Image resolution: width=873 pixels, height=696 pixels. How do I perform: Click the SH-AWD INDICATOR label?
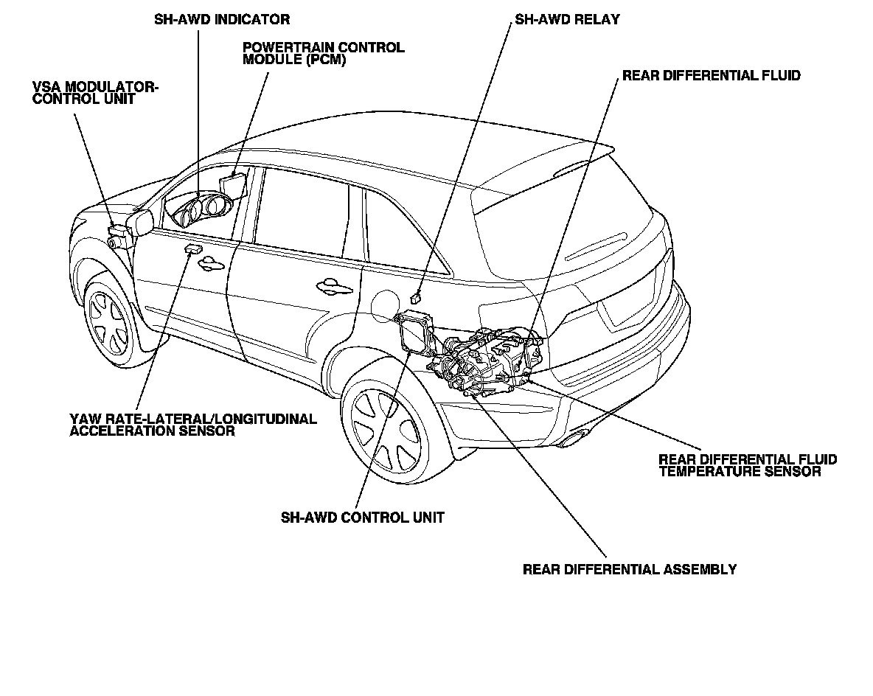[x=222, y=19]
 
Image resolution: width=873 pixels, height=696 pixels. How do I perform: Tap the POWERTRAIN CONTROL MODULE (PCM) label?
[x=323, y=54]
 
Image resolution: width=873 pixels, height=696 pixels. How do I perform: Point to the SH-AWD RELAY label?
[x=567, y=19]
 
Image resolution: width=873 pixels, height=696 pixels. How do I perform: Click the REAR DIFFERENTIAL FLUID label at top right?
[x=711, y=75]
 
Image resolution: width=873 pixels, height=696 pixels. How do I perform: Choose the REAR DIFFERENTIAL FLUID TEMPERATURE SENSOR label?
[x=748, y=465]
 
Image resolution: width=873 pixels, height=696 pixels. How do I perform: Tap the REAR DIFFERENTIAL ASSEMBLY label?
[x=630, y=569]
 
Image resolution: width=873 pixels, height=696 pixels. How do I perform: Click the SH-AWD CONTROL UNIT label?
[x=362, y=518]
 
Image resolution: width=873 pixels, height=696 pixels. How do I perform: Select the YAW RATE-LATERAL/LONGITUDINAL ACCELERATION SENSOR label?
[x=193, y=425]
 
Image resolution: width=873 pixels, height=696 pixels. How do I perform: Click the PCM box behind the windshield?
[x=233, y=182]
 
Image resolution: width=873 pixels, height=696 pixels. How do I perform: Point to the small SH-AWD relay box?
[x=415, y=298]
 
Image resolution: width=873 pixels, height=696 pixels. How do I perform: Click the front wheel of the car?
[x=108, y=321]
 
